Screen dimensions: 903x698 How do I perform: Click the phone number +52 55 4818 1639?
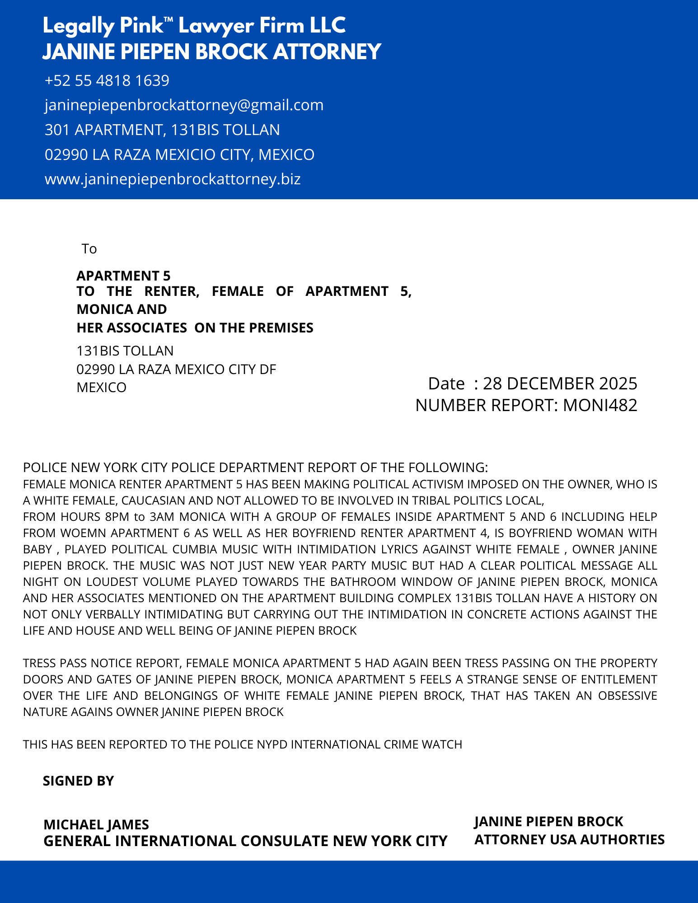coord(107,80)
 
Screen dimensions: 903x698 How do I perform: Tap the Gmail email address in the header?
coord(184,105)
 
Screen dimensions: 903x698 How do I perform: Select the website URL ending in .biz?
coord(173,179)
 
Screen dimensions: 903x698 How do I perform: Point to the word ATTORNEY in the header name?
coord(327,51)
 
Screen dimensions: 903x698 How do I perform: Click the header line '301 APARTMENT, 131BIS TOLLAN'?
coord(162,130)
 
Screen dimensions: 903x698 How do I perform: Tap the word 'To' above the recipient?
coord(89,249)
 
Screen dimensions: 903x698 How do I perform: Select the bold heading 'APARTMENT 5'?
coord(123,276)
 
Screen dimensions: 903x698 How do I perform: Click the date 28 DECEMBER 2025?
coord(560,384)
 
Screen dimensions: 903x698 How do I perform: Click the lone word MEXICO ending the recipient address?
coord(101,388)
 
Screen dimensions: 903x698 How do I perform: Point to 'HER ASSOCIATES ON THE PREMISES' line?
coord(195,328)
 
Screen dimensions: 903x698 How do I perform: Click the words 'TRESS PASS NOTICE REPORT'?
coord(102,663)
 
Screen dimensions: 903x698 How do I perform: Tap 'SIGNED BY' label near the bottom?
coord(78,781)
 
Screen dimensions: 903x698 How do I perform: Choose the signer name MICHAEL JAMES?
coord(96,825)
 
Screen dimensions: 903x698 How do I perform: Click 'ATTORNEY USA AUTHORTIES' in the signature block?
coord(569,840)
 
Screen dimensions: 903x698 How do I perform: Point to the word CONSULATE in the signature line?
coord(286,841)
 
